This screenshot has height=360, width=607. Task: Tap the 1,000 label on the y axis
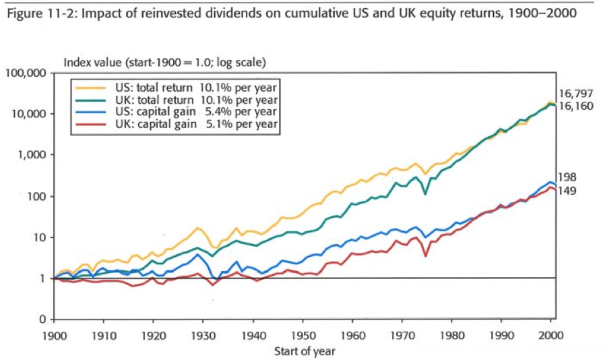tap(30, 155)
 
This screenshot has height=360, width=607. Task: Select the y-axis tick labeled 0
tap(42, 320)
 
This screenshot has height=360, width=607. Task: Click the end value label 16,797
tap(575, 94)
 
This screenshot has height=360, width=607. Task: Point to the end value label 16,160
tap(575, 107)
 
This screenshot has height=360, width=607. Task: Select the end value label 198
tap(567, 178)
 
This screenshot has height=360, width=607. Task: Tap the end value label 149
tap(567, 191)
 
